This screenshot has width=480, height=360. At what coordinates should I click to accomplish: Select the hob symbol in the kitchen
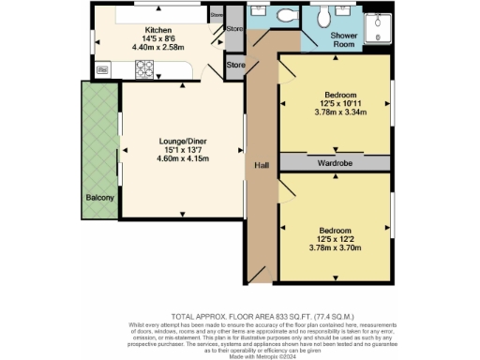146,68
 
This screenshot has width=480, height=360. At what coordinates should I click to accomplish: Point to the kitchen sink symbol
102,69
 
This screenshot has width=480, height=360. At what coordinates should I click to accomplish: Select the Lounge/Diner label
182,142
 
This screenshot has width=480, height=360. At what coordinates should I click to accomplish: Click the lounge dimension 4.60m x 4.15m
182,159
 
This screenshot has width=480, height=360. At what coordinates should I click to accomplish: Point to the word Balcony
100,198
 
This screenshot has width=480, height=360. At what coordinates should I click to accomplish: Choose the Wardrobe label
334,162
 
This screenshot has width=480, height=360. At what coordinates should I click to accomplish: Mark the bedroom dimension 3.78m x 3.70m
334,247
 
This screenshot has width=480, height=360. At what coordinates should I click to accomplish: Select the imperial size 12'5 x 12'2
334,239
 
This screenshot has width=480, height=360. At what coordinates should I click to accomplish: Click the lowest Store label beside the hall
235,65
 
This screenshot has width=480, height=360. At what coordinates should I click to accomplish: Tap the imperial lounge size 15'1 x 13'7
182,150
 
